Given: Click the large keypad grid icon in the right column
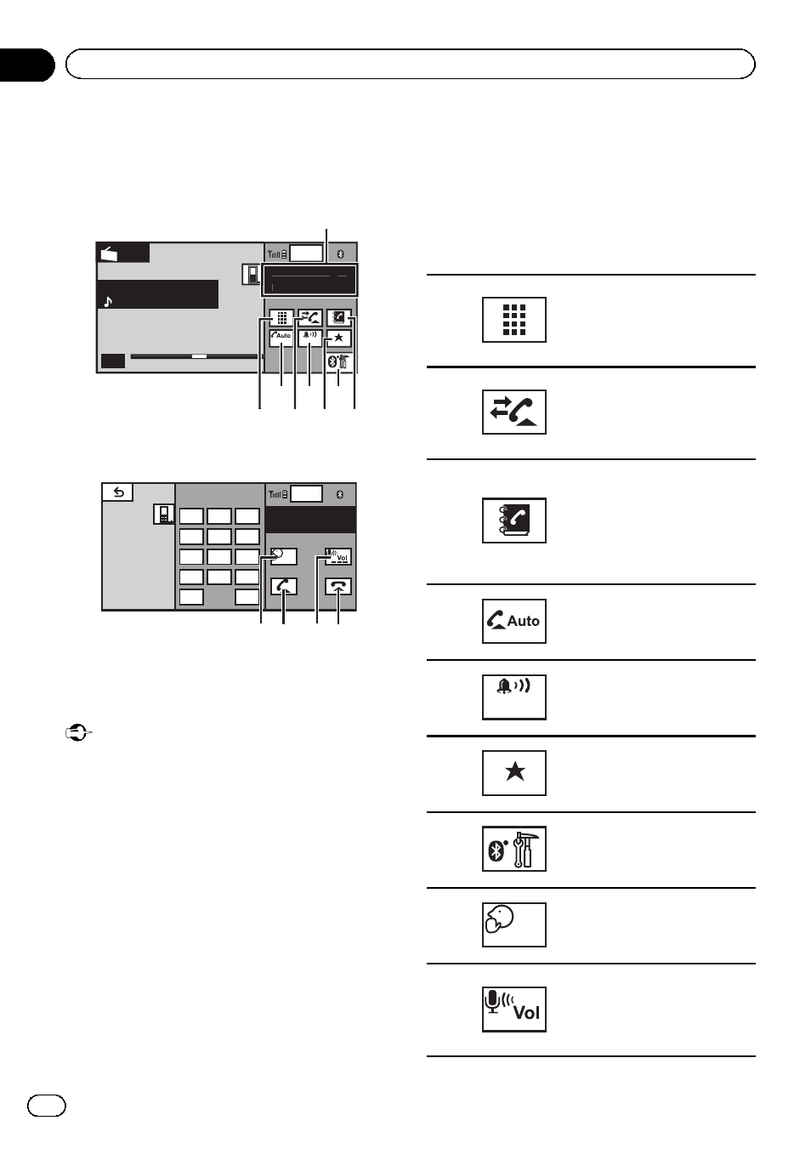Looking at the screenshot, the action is pos(513,320).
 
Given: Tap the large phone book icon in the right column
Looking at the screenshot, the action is pos(513,520).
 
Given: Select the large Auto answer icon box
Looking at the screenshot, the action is pos(513,621).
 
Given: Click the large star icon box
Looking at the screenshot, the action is pos(513,772).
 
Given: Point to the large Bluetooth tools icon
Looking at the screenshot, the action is pos(513,848).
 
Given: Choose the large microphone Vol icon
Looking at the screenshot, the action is pos(513,1009).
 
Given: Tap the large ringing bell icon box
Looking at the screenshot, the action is pos(513,697).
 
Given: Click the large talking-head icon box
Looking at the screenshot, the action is pos(513,924).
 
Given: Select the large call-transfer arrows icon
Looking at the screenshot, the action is pos(513,412).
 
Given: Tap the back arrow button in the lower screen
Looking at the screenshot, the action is pos(117,492).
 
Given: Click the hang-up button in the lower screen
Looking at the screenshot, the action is pos(338,587).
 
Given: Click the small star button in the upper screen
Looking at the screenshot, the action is pos(338,338).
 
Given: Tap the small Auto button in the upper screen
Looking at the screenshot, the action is pos(281,336).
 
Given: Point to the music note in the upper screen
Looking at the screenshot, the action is pos(108,301).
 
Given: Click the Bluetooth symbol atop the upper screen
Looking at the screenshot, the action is pos(339,253).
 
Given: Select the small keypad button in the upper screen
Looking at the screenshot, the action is pos(281,317).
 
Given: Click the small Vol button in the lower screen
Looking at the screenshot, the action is pos(338,557).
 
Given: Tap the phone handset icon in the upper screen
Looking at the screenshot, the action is pos(251,275).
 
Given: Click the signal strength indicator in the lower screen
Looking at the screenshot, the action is pos(277,494).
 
